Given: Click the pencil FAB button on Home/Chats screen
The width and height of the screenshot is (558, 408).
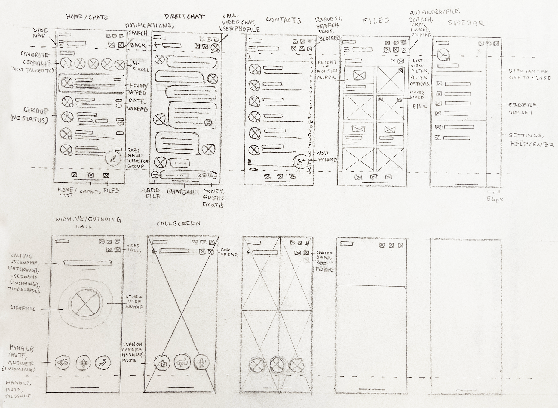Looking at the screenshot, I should [113, 158].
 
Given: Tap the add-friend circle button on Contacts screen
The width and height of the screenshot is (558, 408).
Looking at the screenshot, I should [300, 162].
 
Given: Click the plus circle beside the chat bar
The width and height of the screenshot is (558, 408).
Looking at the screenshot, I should [155, 175].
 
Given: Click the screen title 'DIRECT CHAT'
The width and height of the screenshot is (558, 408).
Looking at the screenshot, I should [185, 17].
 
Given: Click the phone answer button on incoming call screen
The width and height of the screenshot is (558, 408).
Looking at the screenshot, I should [103, 363].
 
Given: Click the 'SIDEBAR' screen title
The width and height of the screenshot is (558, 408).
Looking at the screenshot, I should [466, 23].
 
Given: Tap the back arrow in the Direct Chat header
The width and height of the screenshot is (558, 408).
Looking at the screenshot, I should [156, 45].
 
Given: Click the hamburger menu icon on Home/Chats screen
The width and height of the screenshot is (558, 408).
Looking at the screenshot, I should [62, 44].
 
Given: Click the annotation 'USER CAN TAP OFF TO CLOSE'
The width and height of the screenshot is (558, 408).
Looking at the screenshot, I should [529, 74].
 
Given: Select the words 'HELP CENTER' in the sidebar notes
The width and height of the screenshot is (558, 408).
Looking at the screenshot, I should [532, 144].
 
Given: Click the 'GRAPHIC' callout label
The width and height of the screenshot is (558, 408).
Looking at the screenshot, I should [23, 308].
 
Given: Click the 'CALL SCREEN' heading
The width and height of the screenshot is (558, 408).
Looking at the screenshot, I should [178, 223].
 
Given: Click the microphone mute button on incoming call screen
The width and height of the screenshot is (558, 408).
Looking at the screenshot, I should [83, 363].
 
